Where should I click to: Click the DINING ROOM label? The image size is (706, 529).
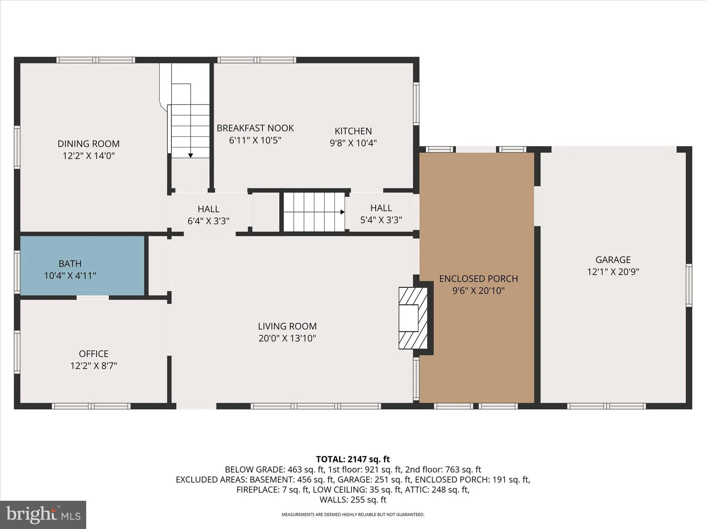[x=89, y=144]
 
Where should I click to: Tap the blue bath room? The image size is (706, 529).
[x=82, y=266]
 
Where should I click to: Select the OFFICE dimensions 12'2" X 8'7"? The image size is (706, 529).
[x=94, y=366]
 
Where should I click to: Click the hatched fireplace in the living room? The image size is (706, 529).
[x=413, y=318]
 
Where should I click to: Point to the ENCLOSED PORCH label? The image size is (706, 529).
[x=478, y=279]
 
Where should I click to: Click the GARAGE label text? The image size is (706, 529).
[x=613, y=260]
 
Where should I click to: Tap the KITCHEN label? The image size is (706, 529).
[x=353, y=131]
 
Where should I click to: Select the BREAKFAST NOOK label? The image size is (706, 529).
[x=255, y=128]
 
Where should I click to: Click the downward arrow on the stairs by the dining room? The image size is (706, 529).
[x=190, y=155]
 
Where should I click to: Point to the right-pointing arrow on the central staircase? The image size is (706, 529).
[x=342, y=212]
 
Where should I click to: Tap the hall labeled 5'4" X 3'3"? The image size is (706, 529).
[x=381, y=214]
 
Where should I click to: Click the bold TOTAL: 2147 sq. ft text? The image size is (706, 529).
[x=353, y=459]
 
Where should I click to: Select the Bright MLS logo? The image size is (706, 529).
[x=43, y=515]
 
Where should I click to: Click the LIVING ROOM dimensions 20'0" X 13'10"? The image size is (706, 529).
[x=287, y=338]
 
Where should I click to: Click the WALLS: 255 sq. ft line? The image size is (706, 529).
[x=353, y=499]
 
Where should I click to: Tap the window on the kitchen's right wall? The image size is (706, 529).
[x=416, y=104]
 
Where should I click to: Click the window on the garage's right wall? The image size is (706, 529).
[x=688, y=285]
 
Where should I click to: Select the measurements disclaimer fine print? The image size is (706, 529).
[x=353, y=515]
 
